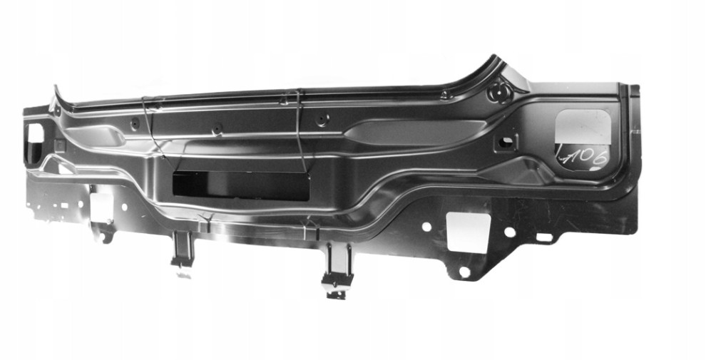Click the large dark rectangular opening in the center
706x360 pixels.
240,185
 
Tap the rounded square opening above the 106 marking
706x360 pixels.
583,127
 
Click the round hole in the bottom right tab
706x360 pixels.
464,272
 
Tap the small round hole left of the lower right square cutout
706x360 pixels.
426,226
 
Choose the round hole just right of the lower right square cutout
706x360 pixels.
510,232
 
